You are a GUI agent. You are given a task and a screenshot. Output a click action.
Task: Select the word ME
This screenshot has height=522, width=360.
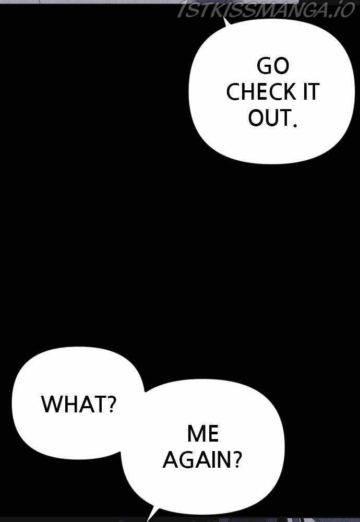[x=203, y=433]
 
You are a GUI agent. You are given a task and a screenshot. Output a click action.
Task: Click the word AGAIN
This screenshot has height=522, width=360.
[x=196, y=459]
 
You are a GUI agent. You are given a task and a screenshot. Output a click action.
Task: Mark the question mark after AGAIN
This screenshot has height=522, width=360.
[x=235, y=459]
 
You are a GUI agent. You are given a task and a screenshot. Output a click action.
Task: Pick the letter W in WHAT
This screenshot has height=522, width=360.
[x=52, y=404]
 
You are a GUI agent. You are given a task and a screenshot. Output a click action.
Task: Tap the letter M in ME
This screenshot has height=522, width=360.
[x=196, y=433]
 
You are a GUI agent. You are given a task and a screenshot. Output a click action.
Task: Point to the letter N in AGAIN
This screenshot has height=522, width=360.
[x=223, y=459]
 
